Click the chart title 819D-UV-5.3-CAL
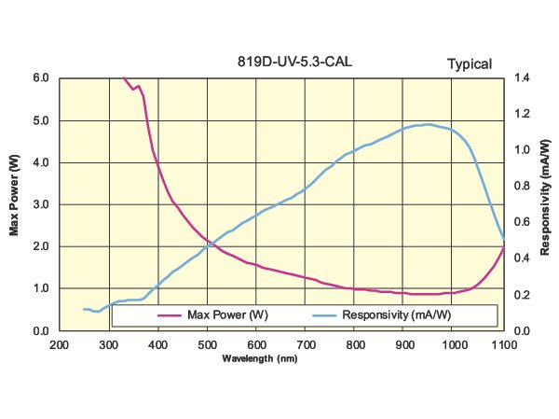coord(294,63)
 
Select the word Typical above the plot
coord(470,64)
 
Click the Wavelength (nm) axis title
coord(260,358)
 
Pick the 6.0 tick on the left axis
coord(42,78)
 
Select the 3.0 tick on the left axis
coord(42,204)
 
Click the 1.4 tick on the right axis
coord(521,78)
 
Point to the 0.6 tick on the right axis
coord(521,222)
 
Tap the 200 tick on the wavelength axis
coord(59,345)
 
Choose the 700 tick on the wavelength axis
coord(306,345)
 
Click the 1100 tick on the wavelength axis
coord(503,345)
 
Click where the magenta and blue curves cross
coord(212,245)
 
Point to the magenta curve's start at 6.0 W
coord(124,78)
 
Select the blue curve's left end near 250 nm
coord(84,309)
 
